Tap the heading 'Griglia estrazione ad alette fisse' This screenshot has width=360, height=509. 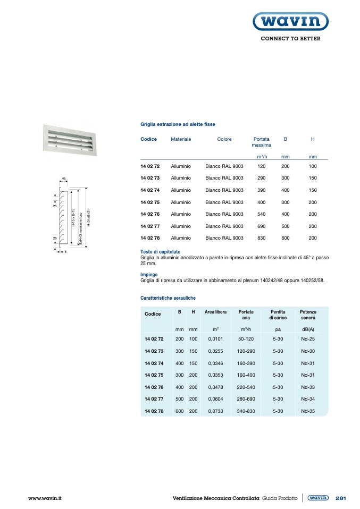coord(178,124)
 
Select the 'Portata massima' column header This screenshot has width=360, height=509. coord(261,142)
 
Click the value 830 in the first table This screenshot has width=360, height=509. coord(261,238)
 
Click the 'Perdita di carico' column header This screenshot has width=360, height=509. coord(278,315)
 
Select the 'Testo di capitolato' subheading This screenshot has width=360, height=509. coord(160,251)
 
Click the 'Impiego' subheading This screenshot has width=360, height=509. coord(149,275)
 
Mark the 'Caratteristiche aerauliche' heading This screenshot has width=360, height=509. coord(168,298)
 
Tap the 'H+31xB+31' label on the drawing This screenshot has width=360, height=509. coord(88,218)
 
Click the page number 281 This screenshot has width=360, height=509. coord(341,498)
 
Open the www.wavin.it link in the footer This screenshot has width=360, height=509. coord(45,498)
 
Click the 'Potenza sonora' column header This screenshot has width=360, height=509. coord(308,315)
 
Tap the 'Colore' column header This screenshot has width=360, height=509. coord(224,139)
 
